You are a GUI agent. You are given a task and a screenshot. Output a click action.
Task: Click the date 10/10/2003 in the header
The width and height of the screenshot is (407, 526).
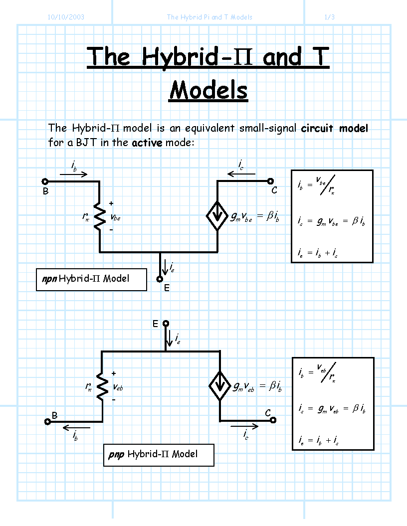point(66,17)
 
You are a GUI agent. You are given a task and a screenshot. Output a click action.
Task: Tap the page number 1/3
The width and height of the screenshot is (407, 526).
point(330,17)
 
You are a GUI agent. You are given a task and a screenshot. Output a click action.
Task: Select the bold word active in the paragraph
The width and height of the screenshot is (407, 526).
point(147,143)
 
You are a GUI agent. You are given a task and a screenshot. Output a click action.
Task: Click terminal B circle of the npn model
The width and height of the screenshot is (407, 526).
point(45,181)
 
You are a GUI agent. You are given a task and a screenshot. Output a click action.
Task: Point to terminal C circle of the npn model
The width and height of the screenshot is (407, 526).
point(270,181)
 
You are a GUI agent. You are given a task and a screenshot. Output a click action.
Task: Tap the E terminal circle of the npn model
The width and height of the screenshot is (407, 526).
point(160,279)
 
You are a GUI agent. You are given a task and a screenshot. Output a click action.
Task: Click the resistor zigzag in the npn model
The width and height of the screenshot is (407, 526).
point(99,216)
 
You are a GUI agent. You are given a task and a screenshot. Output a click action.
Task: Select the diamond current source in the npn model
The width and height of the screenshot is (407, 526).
point(217,216)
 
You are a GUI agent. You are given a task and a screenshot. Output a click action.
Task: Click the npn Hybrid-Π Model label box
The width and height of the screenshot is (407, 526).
point(91,279)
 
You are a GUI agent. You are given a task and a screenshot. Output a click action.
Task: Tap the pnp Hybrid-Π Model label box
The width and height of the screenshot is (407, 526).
point(159,455)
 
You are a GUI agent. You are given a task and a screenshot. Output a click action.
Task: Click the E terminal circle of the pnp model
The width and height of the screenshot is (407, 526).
point(166,324)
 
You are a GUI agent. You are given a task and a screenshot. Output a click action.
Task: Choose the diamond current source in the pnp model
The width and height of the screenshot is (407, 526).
point(220,386)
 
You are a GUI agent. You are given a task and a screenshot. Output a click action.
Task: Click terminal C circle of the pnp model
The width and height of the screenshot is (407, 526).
point(273,420)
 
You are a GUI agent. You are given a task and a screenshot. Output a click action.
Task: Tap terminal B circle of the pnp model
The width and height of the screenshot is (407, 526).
point(48,422)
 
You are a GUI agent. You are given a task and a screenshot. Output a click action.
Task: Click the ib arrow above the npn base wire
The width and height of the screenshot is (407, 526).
point(73,174)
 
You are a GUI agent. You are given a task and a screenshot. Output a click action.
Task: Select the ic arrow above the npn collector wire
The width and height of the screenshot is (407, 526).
point(241,174)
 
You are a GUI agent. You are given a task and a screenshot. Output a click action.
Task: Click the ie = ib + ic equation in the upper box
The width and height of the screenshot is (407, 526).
point(317,253)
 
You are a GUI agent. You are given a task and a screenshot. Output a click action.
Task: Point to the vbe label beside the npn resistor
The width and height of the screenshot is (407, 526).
point(115,217)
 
